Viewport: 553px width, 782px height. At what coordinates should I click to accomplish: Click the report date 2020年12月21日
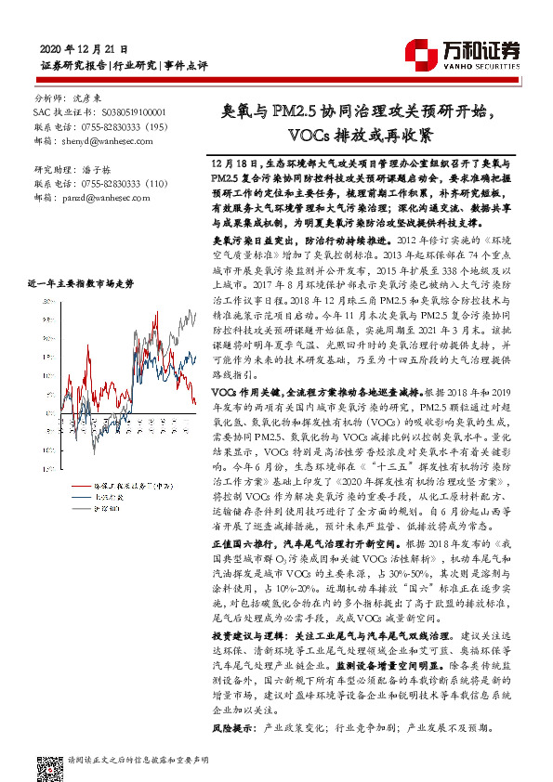pyautogui.click(x=86, y=48)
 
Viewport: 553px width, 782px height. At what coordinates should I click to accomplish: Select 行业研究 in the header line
pyautogui.click(x=136, y=66)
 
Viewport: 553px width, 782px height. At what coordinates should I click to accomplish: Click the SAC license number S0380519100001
pyautogui.click(x=116, y=111)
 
